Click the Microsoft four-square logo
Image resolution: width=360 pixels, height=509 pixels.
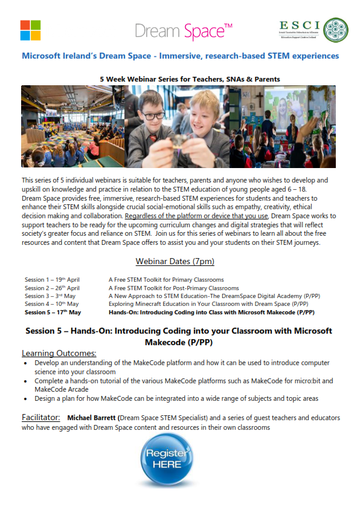30,30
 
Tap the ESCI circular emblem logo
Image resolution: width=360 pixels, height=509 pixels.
335,30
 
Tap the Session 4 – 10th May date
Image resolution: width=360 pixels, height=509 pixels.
51,304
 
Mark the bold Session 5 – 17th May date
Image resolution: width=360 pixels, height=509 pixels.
53,313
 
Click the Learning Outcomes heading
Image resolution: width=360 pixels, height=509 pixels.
59,353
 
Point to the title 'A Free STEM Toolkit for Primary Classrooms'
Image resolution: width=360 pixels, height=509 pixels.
166,280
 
